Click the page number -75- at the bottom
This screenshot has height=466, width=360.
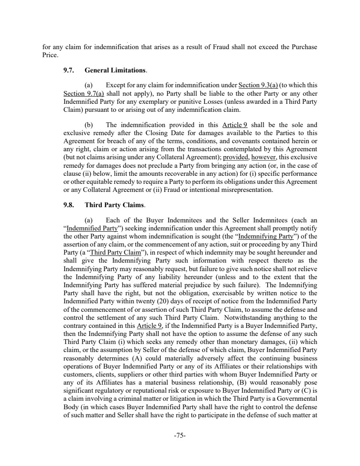[x=180, y=435]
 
